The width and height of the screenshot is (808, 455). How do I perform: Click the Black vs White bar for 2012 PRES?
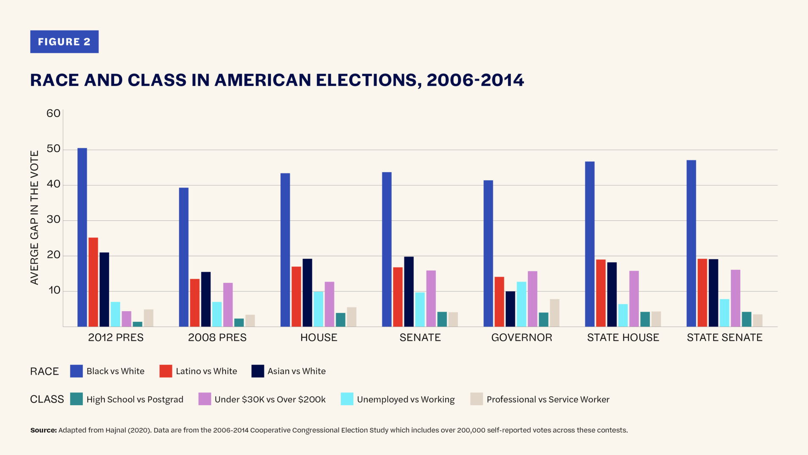pos(82,237)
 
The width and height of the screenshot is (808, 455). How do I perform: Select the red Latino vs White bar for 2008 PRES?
pos(194,303)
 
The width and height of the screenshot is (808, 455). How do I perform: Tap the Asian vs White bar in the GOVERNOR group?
pos(510,309)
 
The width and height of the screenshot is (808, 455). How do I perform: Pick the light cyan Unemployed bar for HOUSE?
pos(318,309)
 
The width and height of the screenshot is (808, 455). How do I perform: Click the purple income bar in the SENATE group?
pos(431,299)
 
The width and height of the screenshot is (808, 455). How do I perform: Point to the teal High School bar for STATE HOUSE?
pos(645,319)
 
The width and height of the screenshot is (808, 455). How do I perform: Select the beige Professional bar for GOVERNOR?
pos(554,313)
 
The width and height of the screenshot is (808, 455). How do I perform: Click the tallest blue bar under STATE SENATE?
pos(691,243)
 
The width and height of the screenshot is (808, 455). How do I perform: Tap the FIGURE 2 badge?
pos(64,42)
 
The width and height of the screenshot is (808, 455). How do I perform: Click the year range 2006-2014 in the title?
pos(475,80)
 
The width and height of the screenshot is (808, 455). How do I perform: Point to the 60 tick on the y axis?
pos(53,113)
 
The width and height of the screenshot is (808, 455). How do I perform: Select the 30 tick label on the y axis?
pos(53,220)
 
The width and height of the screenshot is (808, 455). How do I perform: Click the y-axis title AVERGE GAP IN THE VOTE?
pos(35,217)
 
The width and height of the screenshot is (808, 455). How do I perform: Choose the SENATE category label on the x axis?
pos(420,337)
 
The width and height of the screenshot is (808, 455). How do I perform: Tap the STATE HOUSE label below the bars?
pos(623,337)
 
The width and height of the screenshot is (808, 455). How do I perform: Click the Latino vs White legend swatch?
pos(166,371)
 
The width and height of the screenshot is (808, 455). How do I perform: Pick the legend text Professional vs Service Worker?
pos(548,400)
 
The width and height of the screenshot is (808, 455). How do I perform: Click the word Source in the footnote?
pos(43,430)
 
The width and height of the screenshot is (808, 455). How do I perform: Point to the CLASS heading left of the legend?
pos(47,399)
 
